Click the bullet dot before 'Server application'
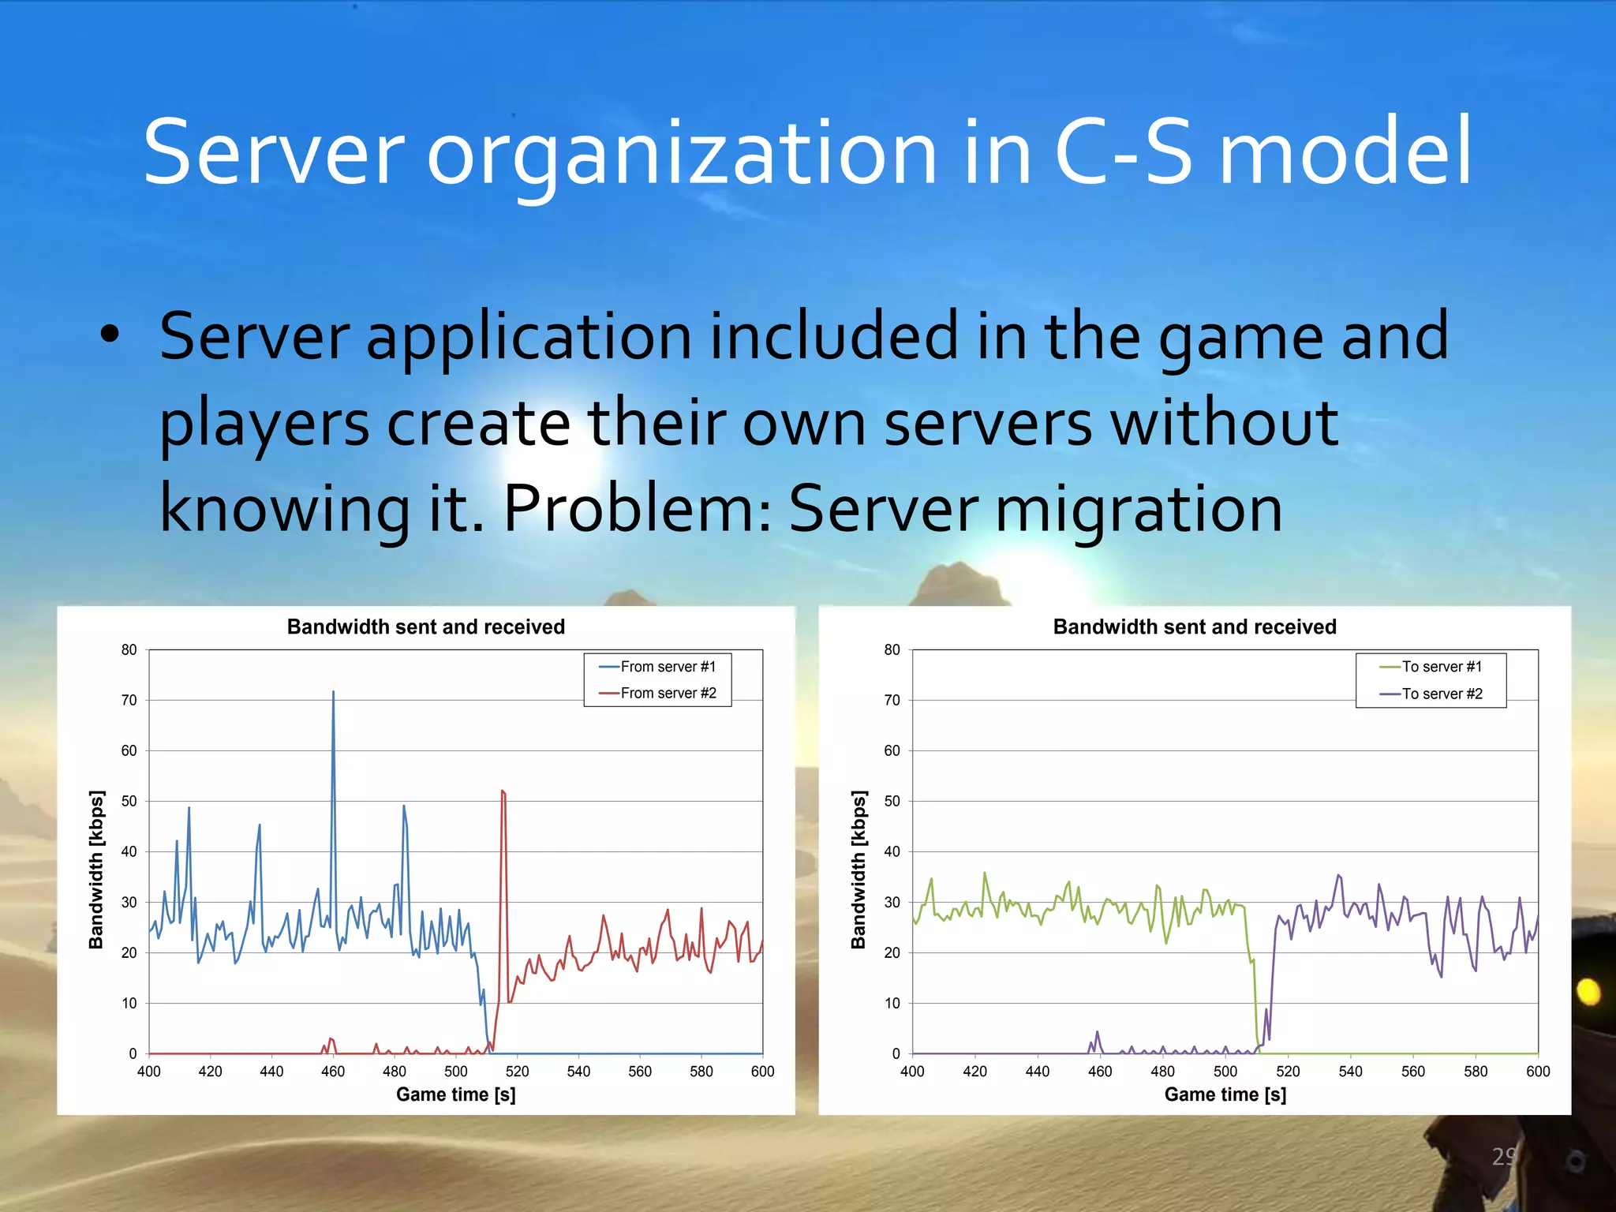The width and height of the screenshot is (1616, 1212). pos(110,335)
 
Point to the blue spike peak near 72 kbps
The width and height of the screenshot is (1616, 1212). pos(333,693)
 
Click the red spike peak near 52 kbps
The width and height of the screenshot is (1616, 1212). pos(503,791)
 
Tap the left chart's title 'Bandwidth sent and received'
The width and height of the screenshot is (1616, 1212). pos(426,627)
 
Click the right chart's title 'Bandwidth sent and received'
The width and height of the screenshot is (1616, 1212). pos(1195,627)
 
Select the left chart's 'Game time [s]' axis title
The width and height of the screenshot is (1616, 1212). pos(456,1094)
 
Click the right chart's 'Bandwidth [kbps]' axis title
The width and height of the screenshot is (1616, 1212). pos(858,869)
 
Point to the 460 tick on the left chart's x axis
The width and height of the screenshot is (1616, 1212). pos(333,1072)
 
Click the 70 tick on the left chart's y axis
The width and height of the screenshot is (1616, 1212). pos(129,700)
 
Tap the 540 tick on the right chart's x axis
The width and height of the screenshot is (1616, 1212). pos(1350,1072)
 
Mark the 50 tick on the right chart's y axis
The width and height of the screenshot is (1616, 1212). pos(892,801)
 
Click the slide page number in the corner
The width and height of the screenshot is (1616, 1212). pos(1504,1157)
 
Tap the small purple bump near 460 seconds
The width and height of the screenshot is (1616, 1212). pos(1097,1034)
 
